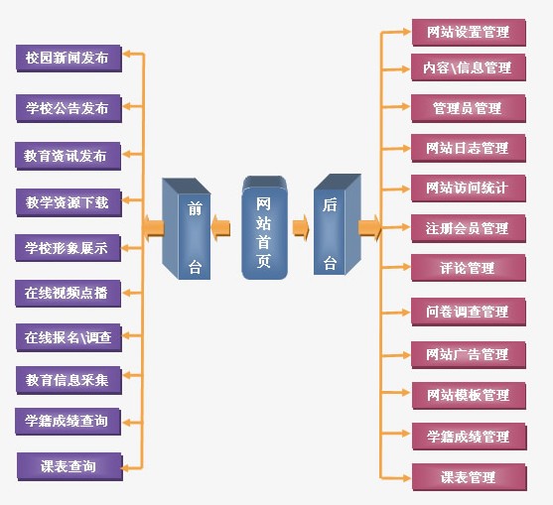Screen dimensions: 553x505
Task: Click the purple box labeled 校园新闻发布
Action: click(x=69, y=59)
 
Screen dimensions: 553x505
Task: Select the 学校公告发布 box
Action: click(x=69, y=108)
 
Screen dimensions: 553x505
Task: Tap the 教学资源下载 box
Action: click(x=69, y=202)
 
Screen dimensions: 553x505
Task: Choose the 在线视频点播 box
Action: click(x=69, y=294)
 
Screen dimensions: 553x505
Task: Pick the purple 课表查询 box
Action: click(x=69, y=466)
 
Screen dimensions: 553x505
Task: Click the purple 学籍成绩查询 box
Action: click(x=69, y=422)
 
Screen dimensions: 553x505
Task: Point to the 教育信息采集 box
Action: click(x=69, y=380)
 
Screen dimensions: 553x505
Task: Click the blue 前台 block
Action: click(x=187, y=229)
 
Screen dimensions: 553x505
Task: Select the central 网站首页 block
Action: click(x=264, y=227)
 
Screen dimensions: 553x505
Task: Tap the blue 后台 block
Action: click(x=338, y=224)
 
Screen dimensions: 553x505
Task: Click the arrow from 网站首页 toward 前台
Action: click(x=220, y=228)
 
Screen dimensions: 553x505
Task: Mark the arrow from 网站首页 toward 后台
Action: click(x=301, y=228)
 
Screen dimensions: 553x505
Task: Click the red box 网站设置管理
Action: click(x=469, y=33)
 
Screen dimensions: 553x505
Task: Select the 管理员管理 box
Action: click(x=469, y=108)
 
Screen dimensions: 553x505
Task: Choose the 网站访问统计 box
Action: click(x=469, y=189)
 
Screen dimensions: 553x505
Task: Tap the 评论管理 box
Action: click(x=469, y=268)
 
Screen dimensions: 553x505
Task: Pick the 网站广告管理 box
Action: click(x=469, y=355)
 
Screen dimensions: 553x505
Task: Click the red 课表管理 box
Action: click(x=469, y=477)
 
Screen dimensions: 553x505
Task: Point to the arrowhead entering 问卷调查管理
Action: click(x=406, y=313)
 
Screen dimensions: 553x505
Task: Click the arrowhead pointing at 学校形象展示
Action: click(x=126, y=248)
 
